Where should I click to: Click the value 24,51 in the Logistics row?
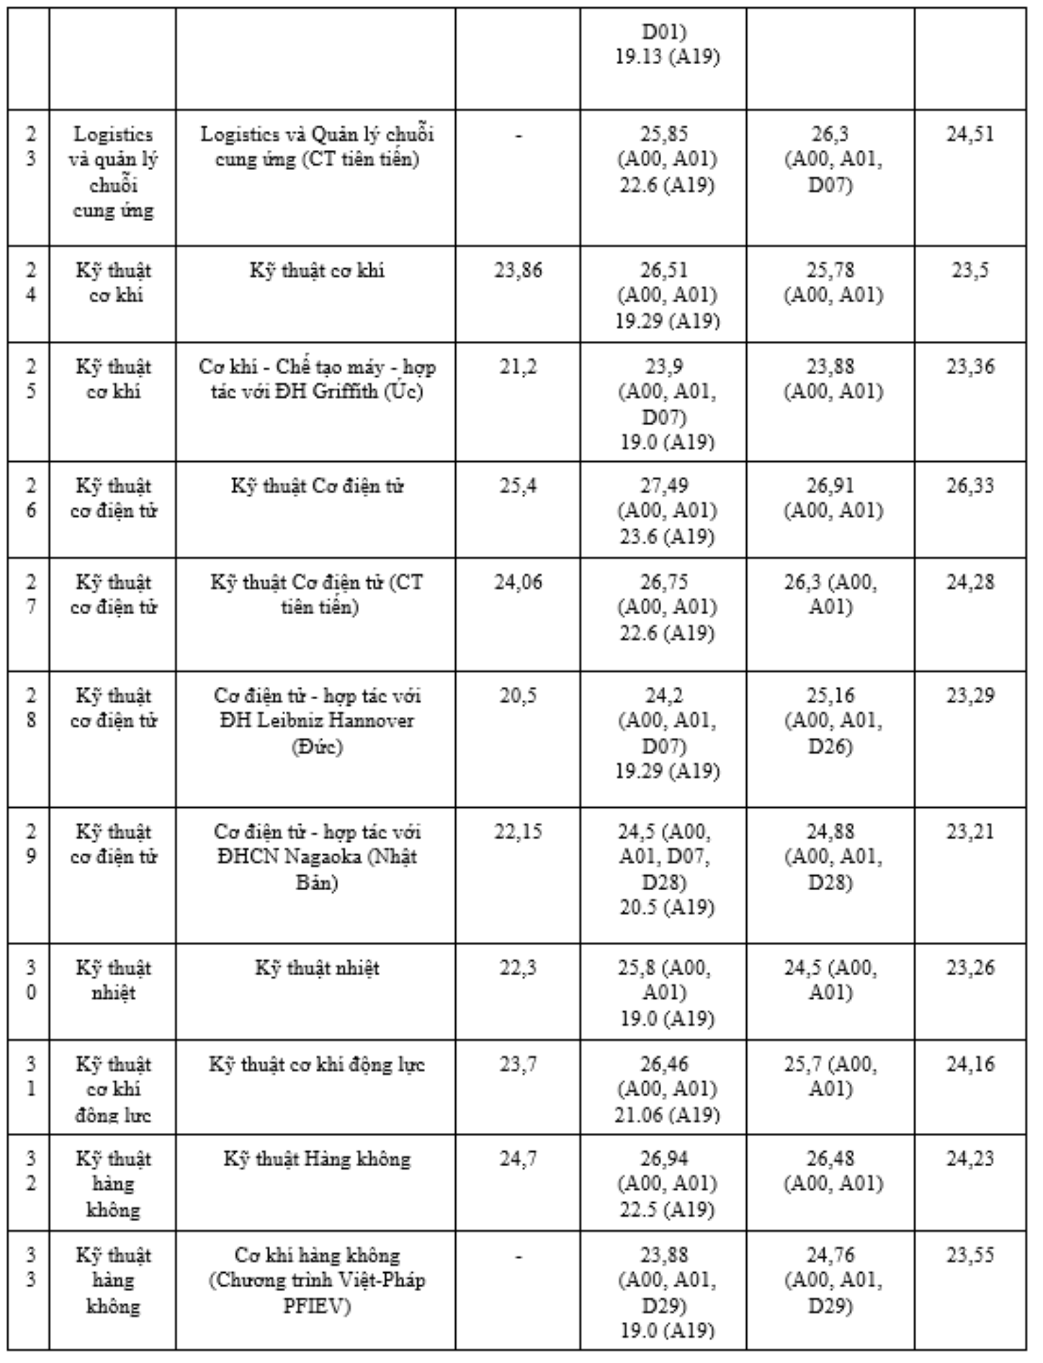point(970,134)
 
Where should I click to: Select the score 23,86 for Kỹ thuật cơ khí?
point(518,270)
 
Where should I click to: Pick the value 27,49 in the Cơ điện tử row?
point(664,485)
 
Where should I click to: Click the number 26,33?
point(970,485)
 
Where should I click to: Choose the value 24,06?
point(518,582)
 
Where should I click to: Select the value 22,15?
point(518,831)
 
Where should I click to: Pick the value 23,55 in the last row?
point(970,1255)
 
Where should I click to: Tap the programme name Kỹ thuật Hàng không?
point(317,1158)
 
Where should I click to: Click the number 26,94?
point(664,1158)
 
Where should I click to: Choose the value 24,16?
point(970,1064)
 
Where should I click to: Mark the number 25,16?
point(830,695)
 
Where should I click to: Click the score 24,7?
point(518,1158)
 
